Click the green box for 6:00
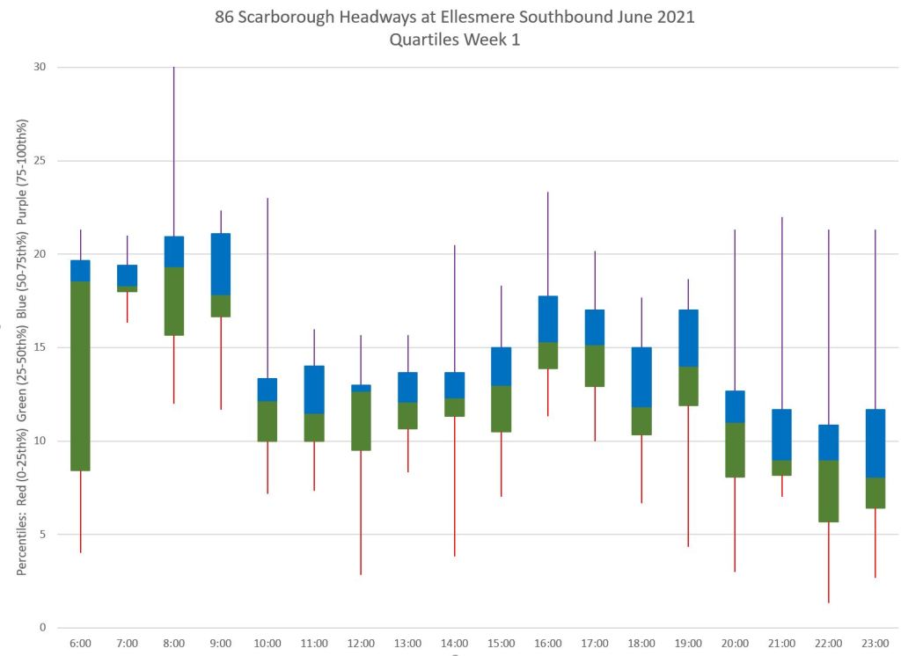(x=80, y=375)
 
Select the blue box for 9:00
(x=220, y=264)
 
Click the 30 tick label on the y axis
(x=40, y=68)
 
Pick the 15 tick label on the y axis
(x=40, y=347)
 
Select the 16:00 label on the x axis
(x=547, y=644)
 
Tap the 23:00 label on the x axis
(x=875, y=644)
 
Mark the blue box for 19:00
(x=688, y=338)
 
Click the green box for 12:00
(x=361, y=420)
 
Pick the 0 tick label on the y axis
(x=40, y=627)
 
